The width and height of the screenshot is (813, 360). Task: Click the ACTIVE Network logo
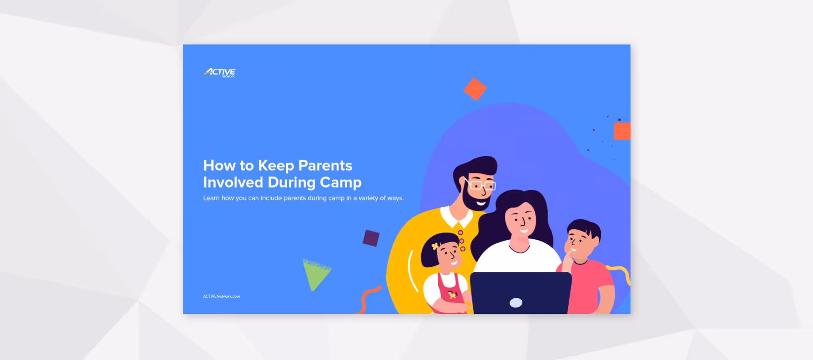point(219,72)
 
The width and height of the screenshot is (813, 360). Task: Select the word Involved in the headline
point(233,183)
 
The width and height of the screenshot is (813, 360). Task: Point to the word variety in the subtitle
point(368,198)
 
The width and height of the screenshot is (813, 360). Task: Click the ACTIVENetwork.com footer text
point(221,296)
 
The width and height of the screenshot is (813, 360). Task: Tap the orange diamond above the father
point(475,89)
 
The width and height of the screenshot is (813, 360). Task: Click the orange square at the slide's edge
point(622,131)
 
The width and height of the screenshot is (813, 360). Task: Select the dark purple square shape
point(371,238)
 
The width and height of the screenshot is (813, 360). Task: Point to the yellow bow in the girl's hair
point(435,246)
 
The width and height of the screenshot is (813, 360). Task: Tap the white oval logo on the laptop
point(516,302)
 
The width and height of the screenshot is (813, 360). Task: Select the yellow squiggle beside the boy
point(620,273)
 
